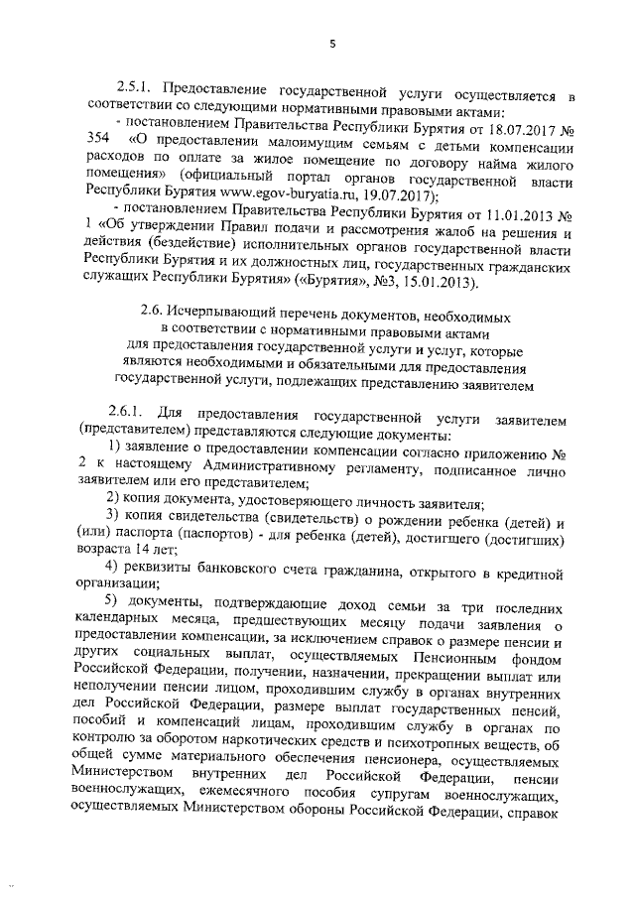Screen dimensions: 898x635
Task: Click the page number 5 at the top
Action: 333,43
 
